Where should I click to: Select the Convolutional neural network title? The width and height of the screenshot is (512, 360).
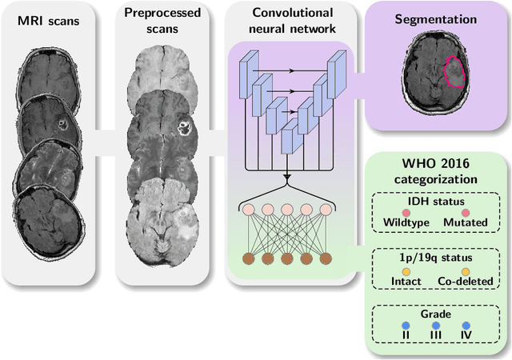(286, 22)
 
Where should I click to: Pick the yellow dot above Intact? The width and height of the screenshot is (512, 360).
(406, 270)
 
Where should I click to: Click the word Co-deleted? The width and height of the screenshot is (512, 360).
(465, 282)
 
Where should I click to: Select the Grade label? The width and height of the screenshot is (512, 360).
(436, 314)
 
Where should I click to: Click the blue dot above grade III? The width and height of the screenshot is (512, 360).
(436, 326)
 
